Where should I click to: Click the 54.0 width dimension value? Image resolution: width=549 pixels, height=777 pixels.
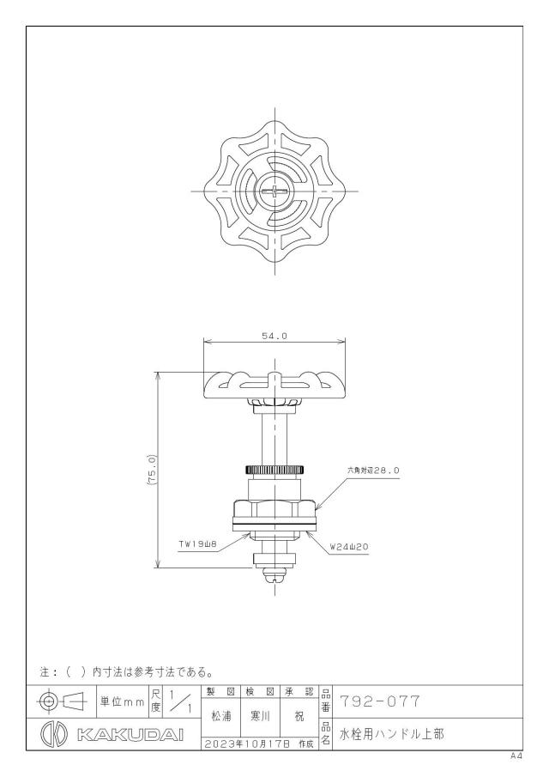[x=274, y=336]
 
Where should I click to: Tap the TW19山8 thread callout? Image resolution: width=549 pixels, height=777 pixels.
[x=198, y=545]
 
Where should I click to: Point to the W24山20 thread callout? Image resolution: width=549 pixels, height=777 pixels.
[x=349, y=547]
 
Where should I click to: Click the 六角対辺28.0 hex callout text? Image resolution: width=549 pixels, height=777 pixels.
[x=373, y=470]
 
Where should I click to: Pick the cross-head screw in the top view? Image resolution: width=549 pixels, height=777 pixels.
[x=274, y=191]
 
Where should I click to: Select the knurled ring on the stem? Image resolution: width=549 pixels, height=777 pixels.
[x=274, y=469]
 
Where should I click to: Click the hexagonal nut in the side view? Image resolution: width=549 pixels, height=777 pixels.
[x=274, y=510]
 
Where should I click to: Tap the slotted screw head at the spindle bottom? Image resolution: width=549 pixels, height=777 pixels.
[x=274, y=575]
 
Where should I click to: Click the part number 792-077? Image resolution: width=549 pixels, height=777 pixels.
[x=380, y=701]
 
